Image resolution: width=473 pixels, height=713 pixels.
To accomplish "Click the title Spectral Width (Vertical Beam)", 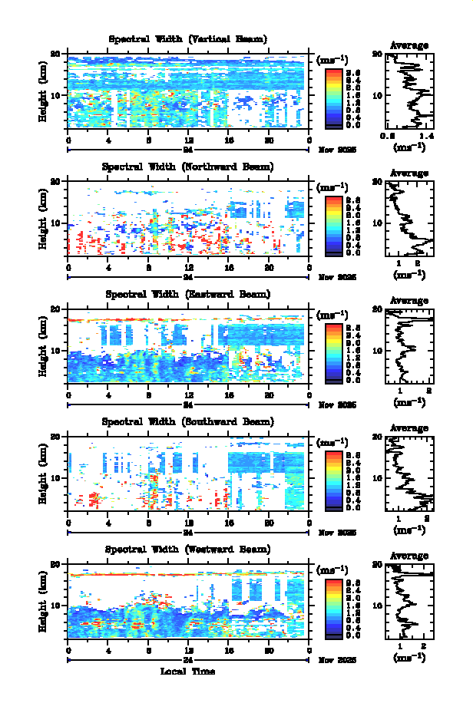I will tap(188, 39).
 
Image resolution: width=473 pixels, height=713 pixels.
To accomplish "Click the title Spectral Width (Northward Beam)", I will tap(188, 167).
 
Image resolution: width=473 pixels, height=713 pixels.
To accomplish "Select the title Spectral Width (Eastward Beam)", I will tap(188, 294).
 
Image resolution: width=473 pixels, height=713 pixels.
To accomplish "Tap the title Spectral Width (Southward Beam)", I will tap(188, 421).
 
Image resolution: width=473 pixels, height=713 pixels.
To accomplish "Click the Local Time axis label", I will tap(187, 672).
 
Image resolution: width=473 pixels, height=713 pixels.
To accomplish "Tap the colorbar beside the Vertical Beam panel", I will tap(333, 97).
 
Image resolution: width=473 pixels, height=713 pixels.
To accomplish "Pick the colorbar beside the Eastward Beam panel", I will tap(333, 352).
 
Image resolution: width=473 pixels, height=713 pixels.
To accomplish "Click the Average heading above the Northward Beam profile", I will tap(409, 173).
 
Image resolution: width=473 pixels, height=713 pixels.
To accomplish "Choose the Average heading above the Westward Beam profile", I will tap(409, 556).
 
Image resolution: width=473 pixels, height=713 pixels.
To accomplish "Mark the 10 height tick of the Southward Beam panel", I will tap(57, 477).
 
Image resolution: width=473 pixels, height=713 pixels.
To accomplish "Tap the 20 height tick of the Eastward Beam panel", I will tap(57, 309).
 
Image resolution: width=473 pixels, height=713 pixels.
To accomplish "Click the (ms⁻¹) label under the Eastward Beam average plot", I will tap(409, 401).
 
